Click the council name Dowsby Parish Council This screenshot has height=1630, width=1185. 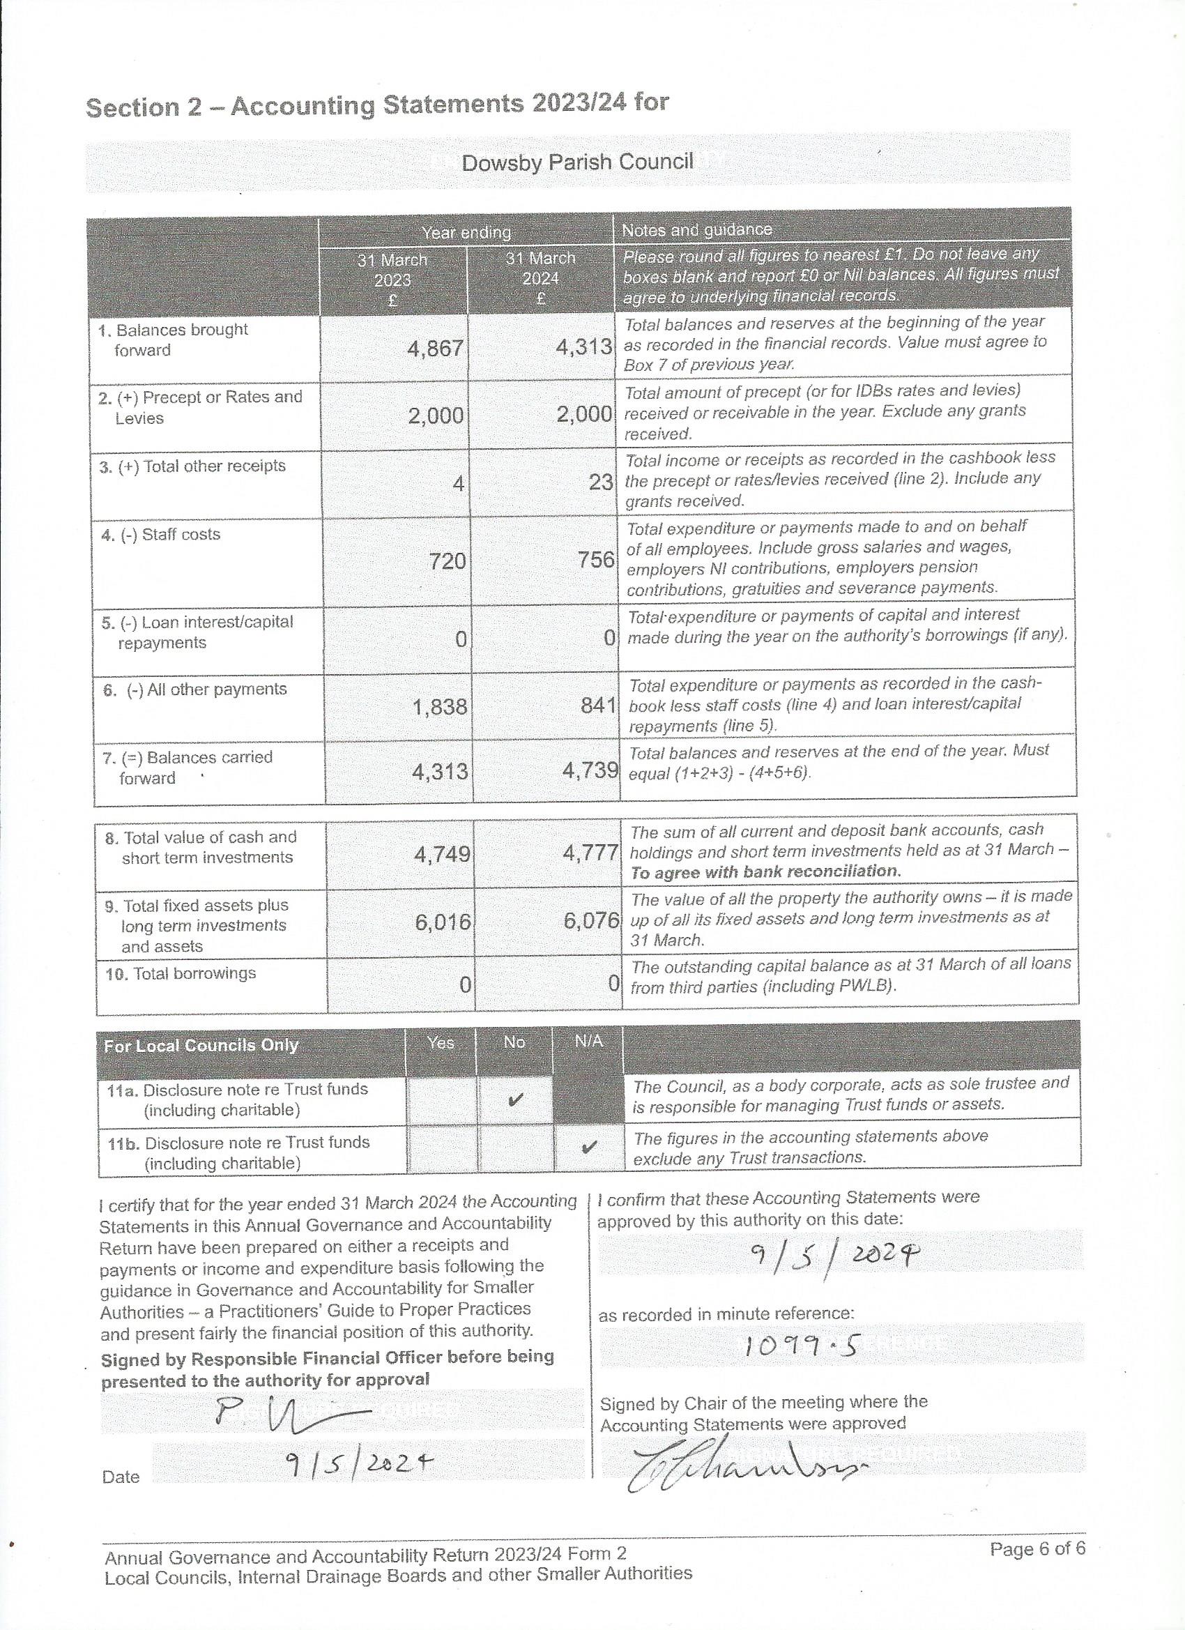pyautogui.click(x=577, y=162)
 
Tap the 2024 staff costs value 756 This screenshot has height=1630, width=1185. pyautogui.click(x=596, y=559)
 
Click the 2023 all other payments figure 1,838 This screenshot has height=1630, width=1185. pyautogui.click(x=439, y=707)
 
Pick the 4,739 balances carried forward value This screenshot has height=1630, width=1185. pyautogui.click(x=590, y=770)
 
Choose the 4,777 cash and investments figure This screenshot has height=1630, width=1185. pyautogui.click(x=590, y=854)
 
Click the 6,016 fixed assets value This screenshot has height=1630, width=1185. pyautogui.click(x=443, y=922)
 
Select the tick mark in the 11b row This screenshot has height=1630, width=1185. pyautogui.click(x=588, y=1148)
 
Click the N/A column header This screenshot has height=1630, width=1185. pyautogui.click(x=588, y=1042)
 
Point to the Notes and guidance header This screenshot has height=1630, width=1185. pyautogui.click(x=696, y=230)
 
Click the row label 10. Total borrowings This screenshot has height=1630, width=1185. pyautogui.click(x=181, y=974)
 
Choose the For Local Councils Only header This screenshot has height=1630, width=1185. pyautogui.click(x=201, y=1046)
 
